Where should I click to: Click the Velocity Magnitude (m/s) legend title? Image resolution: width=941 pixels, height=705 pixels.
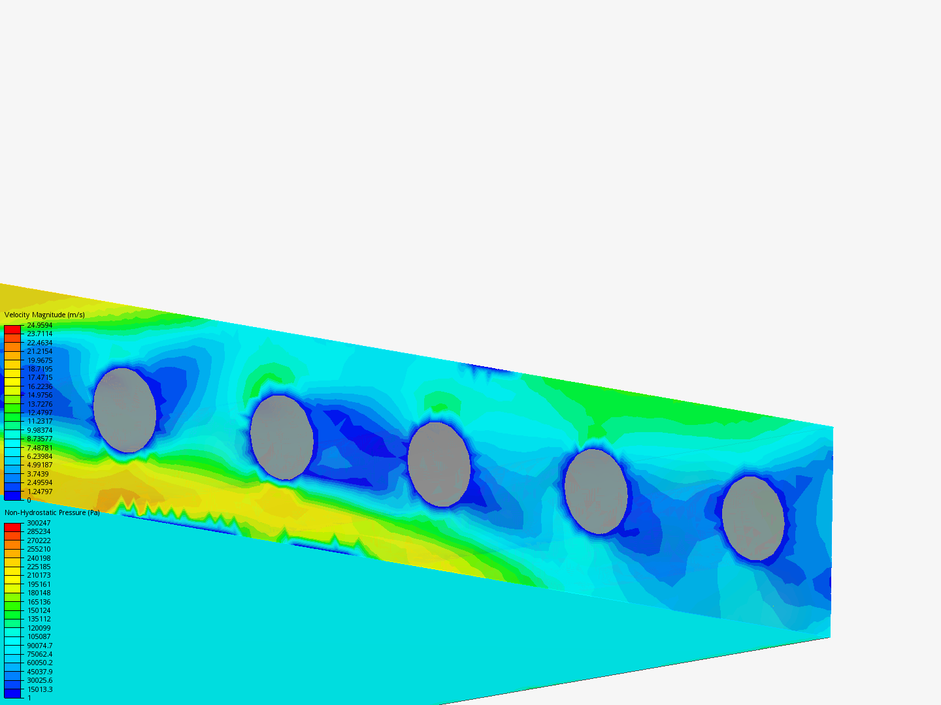[x=44, y=315]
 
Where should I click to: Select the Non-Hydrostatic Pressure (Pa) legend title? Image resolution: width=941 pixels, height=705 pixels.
[x=52, y=512]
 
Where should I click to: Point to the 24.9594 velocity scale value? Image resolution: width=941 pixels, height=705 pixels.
[x=40, y=325]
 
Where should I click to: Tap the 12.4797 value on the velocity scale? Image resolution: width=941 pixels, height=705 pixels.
[x=40, y=413]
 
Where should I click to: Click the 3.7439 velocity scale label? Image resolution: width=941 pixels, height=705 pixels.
[x=38, y=474]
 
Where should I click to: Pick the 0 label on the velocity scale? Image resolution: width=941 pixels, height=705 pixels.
[x=29, y=500]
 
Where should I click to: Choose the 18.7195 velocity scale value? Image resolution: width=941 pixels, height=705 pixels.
[x=40, y=369]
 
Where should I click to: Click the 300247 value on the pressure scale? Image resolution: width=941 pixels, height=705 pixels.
[x=39, y=523]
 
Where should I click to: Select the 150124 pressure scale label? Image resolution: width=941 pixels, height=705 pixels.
[x=39, y=610]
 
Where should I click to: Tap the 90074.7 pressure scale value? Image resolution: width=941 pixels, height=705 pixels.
[x=40, y=646]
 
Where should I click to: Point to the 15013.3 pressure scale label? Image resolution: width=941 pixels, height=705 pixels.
[x=40, y=689]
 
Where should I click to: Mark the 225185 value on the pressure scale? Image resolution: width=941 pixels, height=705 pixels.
[x=39, y=567]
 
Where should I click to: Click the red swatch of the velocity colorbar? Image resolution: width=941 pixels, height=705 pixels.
[x=12, y=330]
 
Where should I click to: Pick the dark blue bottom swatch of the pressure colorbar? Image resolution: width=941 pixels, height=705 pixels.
[x=12, y=693]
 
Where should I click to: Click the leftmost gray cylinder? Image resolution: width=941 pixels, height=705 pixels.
[x=125, y=410]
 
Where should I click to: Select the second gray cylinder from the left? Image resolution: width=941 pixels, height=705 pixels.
[x=282, y=437]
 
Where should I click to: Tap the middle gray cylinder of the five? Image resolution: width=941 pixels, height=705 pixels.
[x=439, y=464]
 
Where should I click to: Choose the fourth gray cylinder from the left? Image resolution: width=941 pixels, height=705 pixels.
[x=596, y=492]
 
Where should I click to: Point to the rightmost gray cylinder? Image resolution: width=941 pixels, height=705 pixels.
[x=753, y=518]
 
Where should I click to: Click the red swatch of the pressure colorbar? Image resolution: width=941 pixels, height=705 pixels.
[x=12, y=527]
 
